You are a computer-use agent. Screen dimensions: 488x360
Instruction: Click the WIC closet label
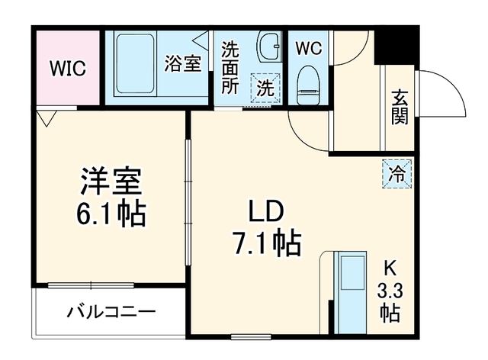click(x=68, y=68)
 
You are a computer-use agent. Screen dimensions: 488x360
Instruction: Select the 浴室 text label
click(x=183, y=63)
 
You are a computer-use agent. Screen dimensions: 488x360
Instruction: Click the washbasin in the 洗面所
click(x=269, y=46)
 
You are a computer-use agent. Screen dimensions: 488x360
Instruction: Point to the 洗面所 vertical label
click(x=230, y=68)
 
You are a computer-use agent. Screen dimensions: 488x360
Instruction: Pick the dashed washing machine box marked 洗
click(x=266, y=88)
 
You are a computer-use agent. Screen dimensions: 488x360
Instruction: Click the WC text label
click(x=308, y=49)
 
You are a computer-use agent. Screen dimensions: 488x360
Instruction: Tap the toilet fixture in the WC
click(x=308, y=85)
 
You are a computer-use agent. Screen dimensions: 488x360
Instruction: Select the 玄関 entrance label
click(x=400, y=107)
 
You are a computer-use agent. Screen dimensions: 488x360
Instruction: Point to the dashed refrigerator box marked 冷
click(x=397, y=174)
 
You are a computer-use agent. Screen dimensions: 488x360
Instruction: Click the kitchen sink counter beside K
click(x=350, y=293)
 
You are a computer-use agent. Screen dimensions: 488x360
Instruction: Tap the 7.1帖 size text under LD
click(x=267, y=243)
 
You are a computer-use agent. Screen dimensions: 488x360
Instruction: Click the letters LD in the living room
click(x=265, y=211)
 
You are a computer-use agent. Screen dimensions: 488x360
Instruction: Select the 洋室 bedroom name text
click(x=111, y=182)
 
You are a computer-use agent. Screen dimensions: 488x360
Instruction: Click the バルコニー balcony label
click(x=111, y=312)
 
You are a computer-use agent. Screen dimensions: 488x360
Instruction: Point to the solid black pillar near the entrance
click(x=396, y=45)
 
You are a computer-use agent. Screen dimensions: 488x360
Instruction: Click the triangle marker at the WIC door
click(x=47, y=119)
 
